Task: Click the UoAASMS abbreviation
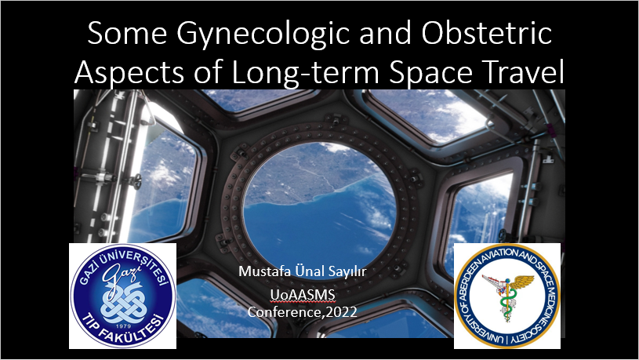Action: pyautogui.click(x=296, y=295)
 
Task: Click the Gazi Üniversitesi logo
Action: pyautogui.click(x=122, y=296)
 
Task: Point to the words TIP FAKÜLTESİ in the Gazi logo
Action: pyautogui.click(x=122, y=334)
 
